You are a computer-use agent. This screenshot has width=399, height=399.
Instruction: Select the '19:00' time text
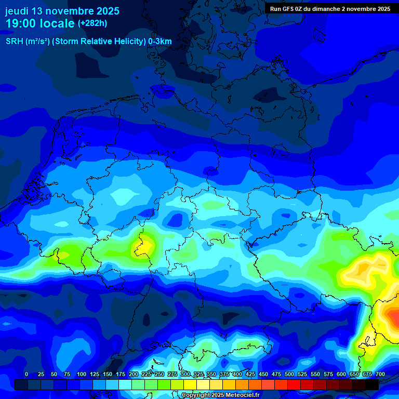(x=21, y=23)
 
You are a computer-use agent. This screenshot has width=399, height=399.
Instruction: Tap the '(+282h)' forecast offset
(x=92, y=23)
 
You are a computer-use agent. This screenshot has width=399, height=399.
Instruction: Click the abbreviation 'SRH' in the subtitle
(x=15, y=42)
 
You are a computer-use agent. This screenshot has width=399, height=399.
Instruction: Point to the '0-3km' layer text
(x=160, y=42)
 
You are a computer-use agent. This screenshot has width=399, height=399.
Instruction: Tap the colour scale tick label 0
(x=26, y=374)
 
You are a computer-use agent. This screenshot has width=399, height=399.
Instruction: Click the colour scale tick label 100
(x=82, y=374)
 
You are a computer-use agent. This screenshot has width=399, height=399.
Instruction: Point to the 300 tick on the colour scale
(x=185, y=374)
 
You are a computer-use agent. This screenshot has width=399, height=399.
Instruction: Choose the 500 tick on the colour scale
(x=289, y=374)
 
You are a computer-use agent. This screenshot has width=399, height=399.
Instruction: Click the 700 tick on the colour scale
(x=380, y=374)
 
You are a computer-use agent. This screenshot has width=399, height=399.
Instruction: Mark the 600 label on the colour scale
(x=341, y=374)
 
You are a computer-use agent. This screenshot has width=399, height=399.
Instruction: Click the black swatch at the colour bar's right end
(x=372, y=384)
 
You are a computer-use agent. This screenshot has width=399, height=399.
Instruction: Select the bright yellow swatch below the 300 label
(x=190, y=384)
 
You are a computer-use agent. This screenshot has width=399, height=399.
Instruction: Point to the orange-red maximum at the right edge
(x=392, y=315)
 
